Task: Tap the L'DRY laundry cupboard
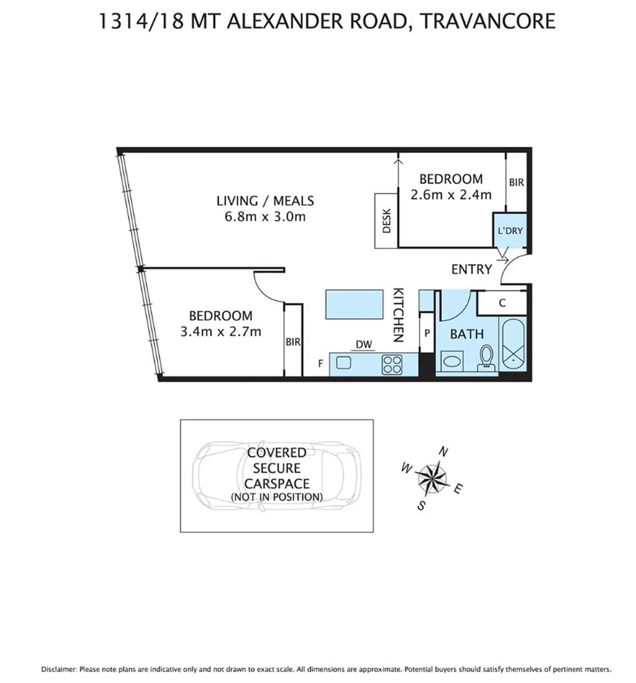510,231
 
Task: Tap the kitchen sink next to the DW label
344,362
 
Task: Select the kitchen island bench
351,305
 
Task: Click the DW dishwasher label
363,345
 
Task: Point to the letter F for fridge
321,364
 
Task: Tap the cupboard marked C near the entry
502,303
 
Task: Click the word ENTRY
471,269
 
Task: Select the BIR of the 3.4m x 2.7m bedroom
292,341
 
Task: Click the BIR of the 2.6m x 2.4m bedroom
516,182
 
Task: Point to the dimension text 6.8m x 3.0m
265,217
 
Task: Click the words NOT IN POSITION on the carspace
277,496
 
